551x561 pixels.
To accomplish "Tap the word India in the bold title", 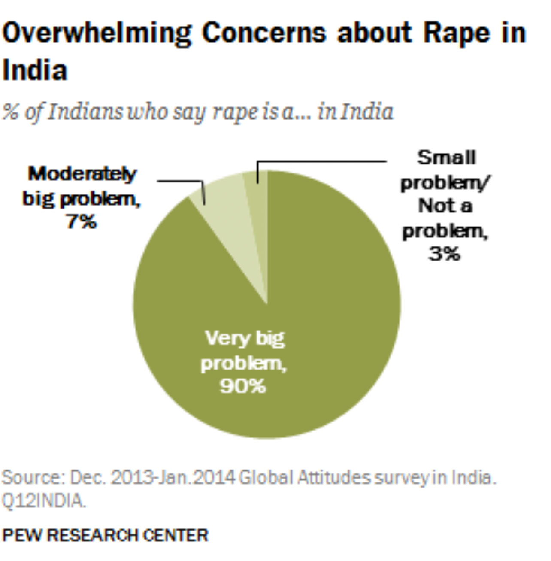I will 35,70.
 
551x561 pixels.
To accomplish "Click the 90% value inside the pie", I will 243,386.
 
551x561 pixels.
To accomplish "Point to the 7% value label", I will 82,222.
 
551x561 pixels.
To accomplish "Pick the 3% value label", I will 444,254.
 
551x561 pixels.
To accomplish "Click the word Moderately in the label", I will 82,174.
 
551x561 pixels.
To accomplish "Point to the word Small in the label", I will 446,158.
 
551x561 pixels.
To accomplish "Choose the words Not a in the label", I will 445,206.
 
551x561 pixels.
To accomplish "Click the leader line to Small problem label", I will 322,162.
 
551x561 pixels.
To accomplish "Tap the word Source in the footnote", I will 32,478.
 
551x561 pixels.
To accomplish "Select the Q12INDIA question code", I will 43,501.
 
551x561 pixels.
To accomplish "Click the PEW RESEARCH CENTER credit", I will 105,535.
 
